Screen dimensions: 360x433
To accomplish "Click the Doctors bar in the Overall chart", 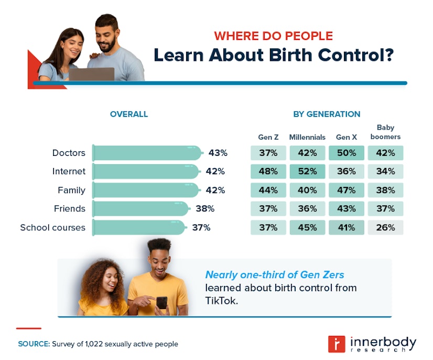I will coord(147,153).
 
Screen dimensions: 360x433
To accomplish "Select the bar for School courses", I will coord(139,227).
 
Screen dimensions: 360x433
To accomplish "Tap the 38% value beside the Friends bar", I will coord(205,208).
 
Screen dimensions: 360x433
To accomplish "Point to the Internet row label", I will coord(69,171).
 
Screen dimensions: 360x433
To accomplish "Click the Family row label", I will coord(71,190).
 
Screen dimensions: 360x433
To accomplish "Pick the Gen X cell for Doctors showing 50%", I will coord(346,153).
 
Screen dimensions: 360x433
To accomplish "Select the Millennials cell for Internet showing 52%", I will coord(307,171).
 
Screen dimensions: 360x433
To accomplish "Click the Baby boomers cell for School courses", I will coord(385,227).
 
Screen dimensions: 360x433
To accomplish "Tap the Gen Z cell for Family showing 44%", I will coord(268,190).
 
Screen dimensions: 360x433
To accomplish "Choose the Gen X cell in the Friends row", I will coord(346,208).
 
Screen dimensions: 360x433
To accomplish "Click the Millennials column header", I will coord(307,137).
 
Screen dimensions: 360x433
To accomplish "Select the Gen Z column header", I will coord(268,137).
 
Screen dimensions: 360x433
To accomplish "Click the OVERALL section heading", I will coord(129,114).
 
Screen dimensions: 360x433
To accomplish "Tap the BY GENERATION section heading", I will coord(327,114).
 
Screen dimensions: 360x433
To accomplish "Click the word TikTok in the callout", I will coord(221,301).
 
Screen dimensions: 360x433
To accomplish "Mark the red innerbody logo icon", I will coord(336,344).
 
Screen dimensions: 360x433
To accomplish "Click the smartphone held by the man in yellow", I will coord(161,303).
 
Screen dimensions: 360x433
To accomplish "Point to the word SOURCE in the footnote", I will coord(34,344).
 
